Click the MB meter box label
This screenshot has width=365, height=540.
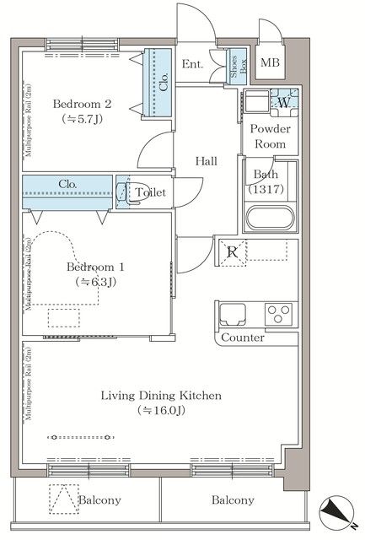270,62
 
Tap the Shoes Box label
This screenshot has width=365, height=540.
238,67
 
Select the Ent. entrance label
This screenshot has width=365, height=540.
192,64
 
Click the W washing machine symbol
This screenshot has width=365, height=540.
284,103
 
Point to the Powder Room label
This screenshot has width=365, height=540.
270,136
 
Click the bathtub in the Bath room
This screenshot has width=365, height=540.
271,218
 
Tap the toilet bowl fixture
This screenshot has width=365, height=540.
124,192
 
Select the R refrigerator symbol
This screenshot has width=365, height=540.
233,253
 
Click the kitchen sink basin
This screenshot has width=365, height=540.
233,314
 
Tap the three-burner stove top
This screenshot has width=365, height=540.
278,314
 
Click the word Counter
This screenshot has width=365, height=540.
243,337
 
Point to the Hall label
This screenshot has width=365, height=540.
206,161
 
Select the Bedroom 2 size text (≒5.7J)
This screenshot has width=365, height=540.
83,119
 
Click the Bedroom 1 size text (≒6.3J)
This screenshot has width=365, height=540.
95,282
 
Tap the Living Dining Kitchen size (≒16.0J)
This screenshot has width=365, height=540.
161,410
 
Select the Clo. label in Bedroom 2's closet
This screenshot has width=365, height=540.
164,82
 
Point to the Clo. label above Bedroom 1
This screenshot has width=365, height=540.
67,184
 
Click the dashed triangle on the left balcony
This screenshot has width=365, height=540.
63,499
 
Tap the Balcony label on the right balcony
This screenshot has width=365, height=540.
233,500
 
